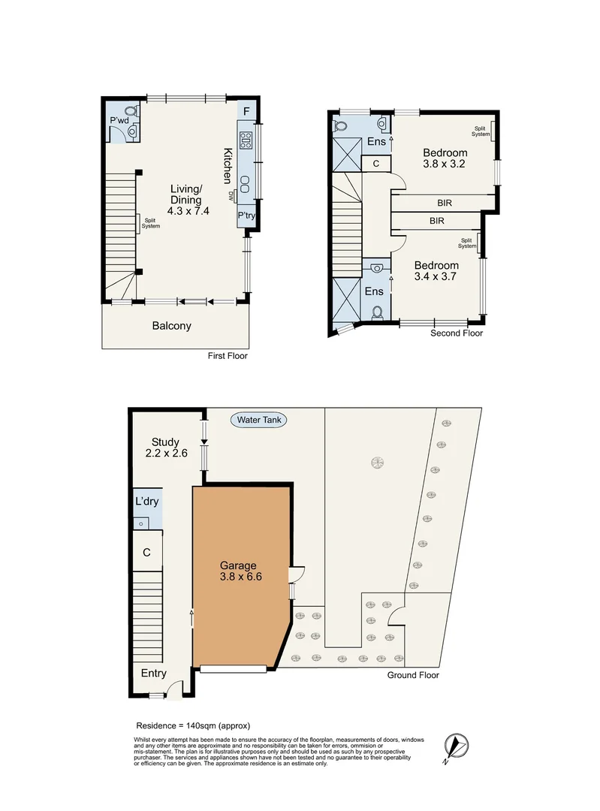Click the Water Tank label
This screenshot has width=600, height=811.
[x=259, y=420]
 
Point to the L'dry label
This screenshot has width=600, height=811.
[x=146, y=502]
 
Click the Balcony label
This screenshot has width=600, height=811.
[x=171, y=326]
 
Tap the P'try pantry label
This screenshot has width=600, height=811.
[x=246, y=216]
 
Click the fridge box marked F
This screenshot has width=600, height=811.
[x=246, y=112]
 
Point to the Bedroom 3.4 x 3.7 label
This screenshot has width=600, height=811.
[x=436, y=271]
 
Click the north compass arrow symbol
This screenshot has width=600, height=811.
[x=457, y=745]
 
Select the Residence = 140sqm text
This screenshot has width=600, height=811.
[x=192, y=725]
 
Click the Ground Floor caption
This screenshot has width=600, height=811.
[x=412, y=675]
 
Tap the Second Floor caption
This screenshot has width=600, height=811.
[x=457, y=333]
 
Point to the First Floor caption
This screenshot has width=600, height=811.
[x=228, y=356]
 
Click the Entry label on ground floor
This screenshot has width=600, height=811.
[x=154, y=674]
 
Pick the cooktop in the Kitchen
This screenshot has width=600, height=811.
[x=246, y=140]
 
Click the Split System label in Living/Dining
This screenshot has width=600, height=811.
[x=152, y=223]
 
